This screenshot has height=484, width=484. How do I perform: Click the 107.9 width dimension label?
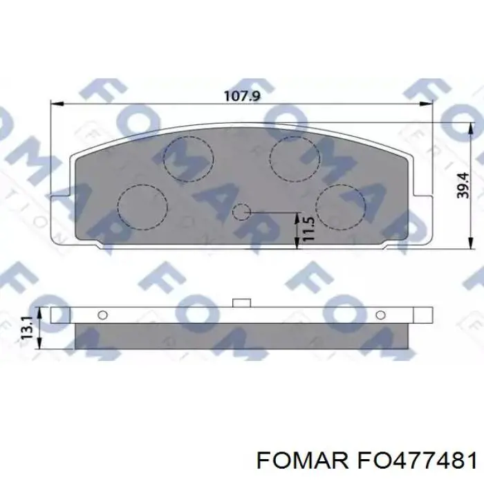pyautogui.click(x=241, y=96)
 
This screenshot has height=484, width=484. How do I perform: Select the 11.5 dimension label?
pyautogui.click(x=308, y=229)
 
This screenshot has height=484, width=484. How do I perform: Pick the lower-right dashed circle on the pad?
pyautogui.click(x=340, y=205)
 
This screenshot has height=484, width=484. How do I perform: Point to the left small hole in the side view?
pyautogui.click(x=103, y=315)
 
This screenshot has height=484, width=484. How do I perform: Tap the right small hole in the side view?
pyautogui.click(x=379, y=315)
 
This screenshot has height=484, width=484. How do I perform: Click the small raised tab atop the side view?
pyautogui.click(x=241, y=302)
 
